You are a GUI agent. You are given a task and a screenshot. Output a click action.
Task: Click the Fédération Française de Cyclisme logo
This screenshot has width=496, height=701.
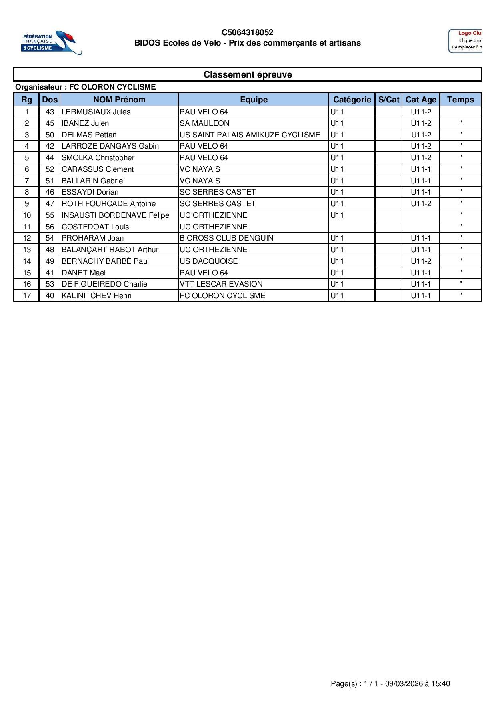tap(51, 42)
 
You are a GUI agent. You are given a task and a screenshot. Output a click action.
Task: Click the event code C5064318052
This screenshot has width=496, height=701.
tap(247, 32)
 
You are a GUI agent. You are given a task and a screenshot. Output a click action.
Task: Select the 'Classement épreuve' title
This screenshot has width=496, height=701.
tap(248, 75)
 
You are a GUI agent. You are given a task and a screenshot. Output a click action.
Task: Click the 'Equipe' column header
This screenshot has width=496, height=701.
tap(254, 100)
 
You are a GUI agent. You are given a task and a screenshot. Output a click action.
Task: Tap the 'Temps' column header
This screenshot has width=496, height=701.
tap(460, 100)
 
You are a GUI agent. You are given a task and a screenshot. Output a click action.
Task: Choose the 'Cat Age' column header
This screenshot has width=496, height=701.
tap(421, 100)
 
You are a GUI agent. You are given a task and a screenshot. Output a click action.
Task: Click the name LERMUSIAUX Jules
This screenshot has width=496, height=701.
tap(96, 112)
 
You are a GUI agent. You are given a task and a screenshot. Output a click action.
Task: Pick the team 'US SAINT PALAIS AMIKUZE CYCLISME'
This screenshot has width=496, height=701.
tap(250, 135)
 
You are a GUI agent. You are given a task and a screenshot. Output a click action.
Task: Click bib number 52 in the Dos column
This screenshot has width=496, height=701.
tap(50, 169)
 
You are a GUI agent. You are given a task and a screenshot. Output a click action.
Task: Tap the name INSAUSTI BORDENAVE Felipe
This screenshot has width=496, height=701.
tap(115, 215)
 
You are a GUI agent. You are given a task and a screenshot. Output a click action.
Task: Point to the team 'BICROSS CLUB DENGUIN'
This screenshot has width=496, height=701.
tap(226, 238)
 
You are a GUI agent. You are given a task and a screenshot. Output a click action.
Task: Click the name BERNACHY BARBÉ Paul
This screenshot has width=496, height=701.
tap(105, 261)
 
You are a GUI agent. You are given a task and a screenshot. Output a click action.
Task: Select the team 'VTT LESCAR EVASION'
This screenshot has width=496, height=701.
tap(221, 284)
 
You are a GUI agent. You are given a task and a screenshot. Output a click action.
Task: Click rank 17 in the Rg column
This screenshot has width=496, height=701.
tap(27, 296)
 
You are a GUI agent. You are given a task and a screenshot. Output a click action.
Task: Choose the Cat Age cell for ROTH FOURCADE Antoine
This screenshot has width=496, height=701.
tap(421, 204)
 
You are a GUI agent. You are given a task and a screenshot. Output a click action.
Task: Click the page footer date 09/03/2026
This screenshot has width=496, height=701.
tap(404, 684)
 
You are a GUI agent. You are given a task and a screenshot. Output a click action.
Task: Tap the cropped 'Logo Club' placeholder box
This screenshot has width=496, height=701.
tap(465, 41)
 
